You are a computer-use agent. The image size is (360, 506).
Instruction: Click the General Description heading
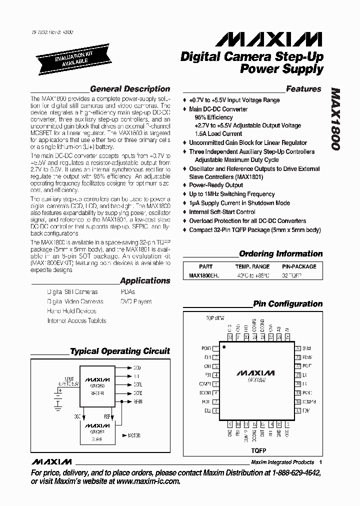pyautogui.click(x=130, y=89)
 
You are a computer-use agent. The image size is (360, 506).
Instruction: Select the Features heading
pyautogui.click(x=303, y=89)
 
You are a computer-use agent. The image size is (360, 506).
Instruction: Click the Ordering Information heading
pyautogui.click(x=281, y=254)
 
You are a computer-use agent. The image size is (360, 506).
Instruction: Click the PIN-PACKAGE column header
pyautogui.click(x=300, y=266)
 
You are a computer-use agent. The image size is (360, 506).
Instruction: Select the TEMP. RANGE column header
pyautogui.click(x=252, y=266)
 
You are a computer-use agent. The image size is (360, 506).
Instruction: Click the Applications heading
pyautogui.click(x=145, y=281)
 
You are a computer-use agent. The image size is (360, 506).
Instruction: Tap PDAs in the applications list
pyautogui.click(x=127, y=291)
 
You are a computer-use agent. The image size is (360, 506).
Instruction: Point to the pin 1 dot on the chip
pyautogui.click(x=224, y=346)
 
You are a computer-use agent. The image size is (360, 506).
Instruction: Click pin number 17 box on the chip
pyautogui.click(x=298, y=410)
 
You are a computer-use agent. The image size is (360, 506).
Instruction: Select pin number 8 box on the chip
pyautogui.click(x=216, y=410)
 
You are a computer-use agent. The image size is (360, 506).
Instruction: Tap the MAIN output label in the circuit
pyautogui.click(x=138, y=400)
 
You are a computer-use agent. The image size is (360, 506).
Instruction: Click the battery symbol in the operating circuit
pyautogui.click(x=58, y=394)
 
